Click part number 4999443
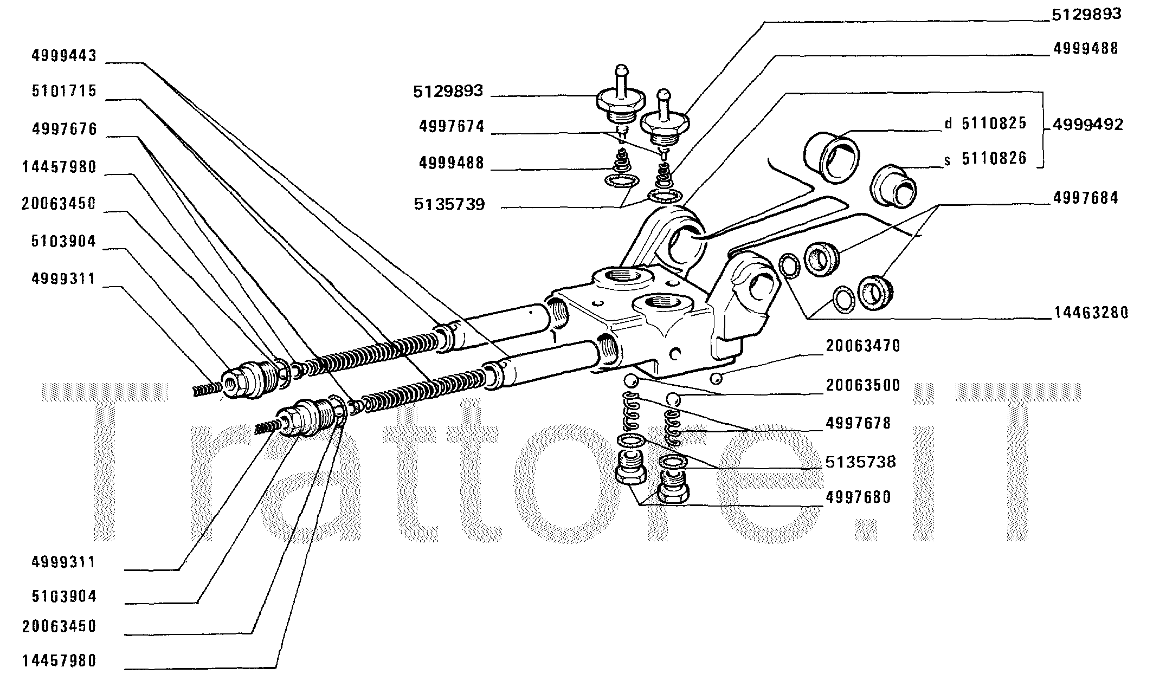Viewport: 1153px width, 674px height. point(64,56)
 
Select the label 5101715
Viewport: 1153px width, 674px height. point(64,91)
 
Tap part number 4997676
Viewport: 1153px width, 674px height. point(64,129)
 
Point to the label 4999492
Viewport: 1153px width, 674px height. point(1088,125)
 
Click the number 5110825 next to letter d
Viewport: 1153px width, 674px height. point(994,124)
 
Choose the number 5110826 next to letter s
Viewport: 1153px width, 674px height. point(994,159)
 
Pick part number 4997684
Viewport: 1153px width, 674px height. point(1085,198)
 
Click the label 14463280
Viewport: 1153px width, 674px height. point(1091,313)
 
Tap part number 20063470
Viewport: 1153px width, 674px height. point(862,346)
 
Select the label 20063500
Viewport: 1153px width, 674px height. point(862,385)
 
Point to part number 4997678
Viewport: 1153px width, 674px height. point(858,423)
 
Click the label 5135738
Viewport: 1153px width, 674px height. point(860,462)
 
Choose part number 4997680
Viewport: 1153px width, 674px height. point(858,497)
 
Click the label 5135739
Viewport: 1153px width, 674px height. point(449,204)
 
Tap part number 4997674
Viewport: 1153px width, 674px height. point(451,127)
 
